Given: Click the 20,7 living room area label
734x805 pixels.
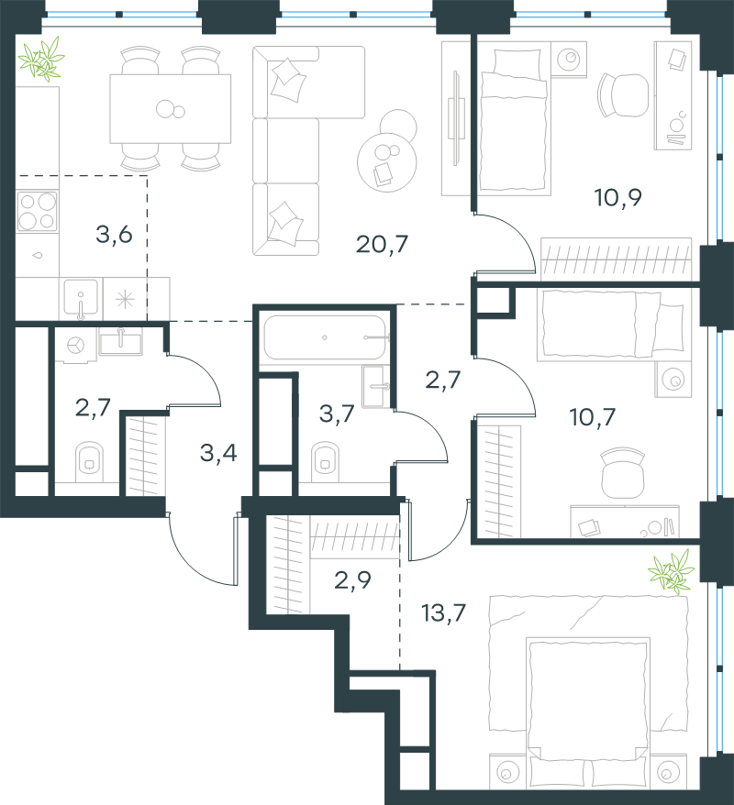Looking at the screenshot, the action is tap(382, 245).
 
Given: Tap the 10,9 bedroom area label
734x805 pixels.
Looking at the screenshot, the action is tap(617, 198).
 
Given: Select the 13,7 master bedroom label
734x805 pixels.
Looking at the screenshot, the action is tap(443, 612).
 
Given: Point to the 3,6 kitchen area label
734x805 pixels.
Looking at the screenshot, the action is tap(114, 235).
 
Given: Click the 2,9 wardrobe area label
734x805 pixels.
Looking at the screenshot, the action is tap(352, 580).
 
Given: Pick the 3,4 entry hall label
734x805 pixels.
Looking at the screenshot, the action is tap(218, 453).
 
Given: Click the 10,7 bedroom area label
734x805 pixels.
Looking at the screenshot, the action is tap(592, 417).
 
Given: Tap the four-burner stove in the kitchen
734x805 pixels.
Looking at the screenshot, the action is tap(37, 211).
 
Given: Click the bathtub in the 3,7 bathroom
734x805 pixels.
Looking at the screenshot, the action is tap(325, 337).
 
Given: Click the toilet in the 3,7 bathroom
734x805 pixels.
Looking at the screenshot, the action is tap(325, 461).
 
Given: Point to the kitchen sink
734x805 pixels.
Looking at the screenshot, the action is tap(81, 298).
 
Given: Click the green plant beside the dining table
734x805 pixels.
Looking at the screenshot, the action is tap(41, 59).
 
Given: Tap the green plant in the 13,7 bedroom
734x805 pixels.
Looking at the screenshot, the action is tap(672, 572).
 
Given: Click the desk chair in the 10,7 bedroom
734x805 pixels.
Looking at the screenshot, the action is tap(623, 472).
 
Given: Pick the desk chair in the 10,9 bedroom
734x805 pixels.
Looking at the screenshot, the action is tap(623, 95).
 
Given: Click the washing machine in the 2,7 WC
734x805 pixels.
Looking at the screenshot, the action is tap(76, 345).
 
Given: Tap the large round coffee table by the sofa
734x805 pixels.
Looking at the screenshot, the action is tap(387, 163).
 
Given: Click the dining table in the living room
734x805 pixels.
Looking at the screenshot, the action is tap(170, 108).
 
